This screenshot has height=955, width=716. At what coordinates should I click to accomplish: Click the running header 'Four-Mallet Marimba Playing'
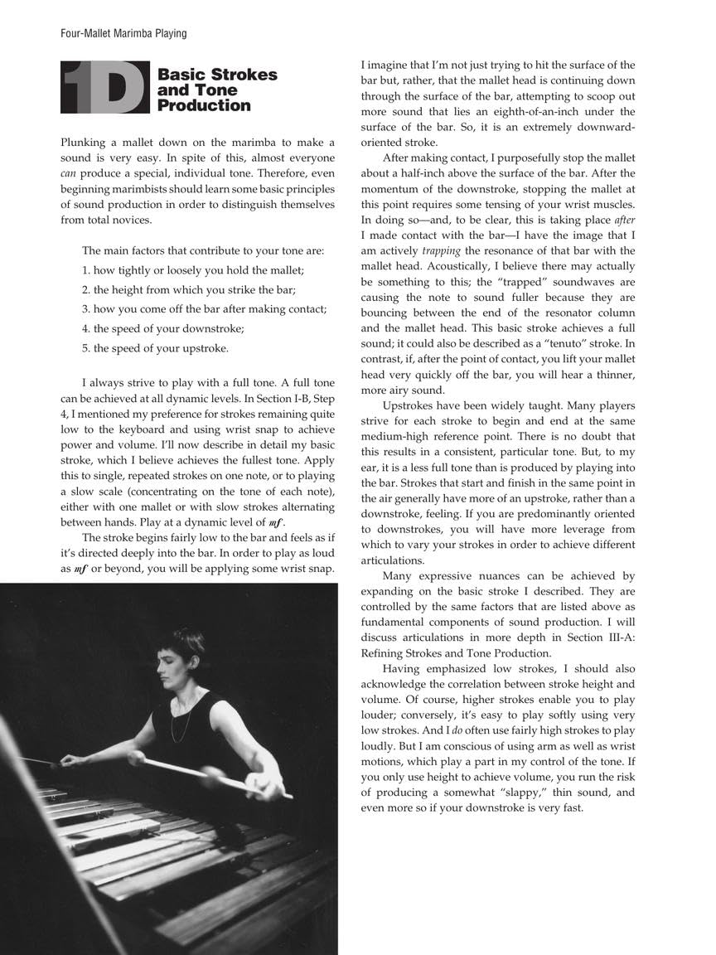(x=123, y=34)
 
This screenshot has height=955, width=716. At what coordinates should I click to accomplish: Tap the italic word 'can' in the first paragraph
(x=70, y=172)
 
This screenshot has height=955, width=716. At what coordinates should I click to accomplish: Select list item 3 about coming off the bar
(x=205, y=309)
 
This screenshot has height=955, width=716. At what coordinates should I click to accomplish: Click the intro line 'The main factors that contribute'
(x=203, y=250)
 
